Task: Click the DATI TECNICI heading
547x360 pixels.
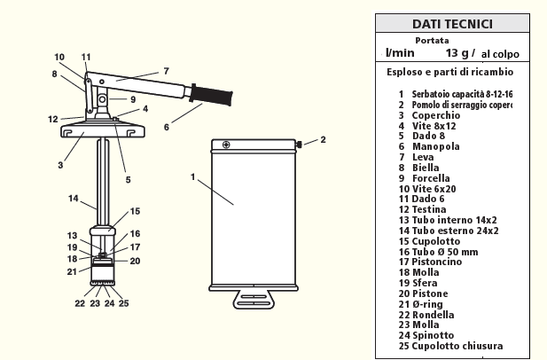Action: [x=452, y=24]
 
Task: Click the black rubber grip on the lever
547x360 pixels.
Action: [x=212, y=91]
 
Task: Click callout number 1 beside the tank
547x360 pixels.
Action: [x=192, y=176]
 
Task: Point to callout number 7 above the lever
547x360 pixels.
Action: [x=165, y=70]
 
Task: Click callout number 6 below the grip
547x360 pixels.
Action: [x=165, y=127]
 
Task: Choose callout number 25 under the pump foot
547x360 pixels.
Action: [x=123, y=302]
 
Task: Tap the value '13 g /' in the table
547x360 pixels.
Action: [x=461, y=54]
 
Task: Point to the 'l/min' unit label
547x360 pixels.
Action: [x=400, y=54]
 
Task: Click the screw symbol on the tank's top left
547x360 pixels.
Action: [x=226, y=145]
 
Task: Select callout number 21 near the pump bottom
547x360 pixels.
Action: [x=71, y=271]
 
